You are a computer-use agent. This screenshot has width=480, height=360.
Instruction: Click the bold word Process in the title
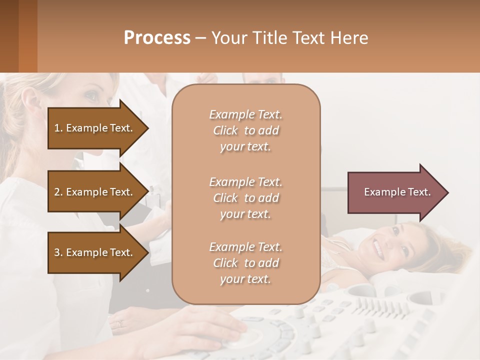point(157,38)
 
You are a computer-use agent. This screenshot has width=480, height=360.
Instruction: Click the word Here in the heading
point(349,38)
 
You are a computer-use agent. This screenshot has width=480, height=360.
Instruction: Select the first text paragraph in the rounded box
point(245,130)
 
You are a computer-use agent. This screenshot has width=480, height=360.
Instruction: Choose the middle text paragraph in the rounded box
point(245,198)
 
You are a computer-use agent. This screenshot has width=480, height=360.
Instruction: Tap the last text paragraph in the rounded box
point(245,263)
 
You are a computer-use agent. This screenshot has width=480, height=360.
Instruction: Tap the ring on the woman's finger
point(119,324)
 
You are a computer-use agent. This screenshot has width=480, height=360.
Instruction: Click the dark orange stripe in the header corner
point(27,36)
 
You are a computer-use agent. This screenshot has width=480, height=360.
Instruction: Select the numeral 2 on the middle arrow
point(57,192)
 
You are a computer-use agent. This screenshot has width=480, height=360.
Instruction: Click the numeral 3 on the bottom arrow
point(57,252)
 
